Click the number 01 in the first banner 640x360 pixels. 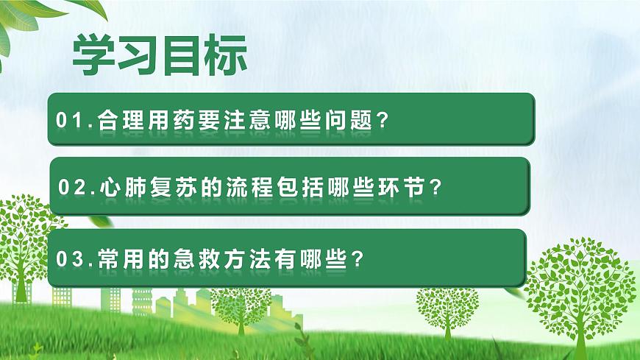(x=74, y=120)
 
